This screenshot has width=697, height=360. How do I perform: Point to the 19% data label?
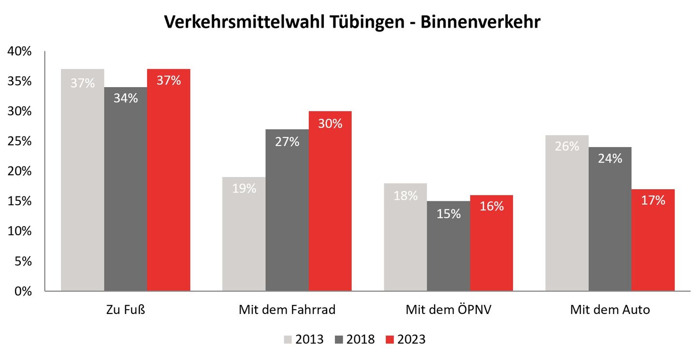pos(244,188)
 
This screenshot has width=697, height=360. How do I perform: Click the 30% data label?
pos(330,123)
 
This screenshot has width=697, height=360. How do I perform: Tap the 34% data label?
pos(126,98)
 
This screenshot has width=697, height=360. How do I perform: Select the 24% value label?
pos(610,158)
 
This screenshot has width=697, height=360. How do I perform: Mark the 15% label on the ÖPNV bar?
pos(449,213)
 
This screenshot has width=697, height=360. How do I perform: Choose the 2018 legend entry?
pos(355,339)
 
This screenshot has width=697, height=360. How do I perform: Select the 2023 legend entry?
pos(406,339)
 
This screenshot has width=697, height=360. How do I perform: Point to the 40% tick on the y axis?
pos(20,51)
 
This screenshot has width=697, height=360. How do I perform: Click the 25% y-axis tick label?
pos(20,141)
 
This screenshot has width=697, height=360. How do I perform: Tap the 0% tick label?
pos(22,291)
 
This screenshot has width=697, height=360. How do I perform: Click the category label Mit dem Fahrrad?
pos(287,310)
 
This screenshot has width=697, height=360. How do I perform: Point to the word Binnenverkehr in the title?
pos(480,23)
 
